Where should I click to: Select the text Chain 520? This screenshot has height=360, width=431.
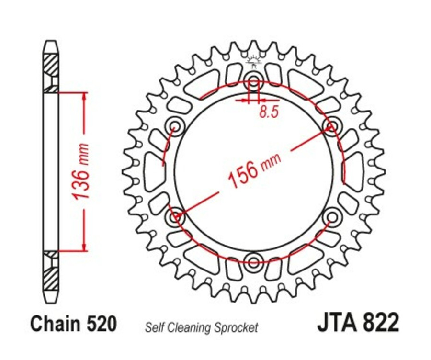tap(73, 324)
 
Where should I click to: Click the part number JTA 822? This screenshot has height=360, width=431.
tap(357, 324)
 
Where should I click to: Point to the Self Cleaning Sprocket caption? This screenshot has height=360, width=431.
tap(201, 328)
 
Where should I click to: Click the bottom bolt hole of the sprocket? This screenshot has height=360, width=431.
tap(252, 261)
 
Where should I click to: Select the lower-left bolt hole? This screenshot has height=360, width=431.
tap(174, 217)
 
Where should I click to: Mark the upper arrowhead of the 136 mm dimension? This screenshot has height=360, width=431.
tap(85, 96)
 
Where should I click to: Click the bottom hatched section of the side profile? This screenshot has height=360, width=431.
tap(51, 278)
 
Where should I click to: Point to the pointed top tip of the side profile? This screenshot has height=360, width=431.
tap(51, 42)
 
